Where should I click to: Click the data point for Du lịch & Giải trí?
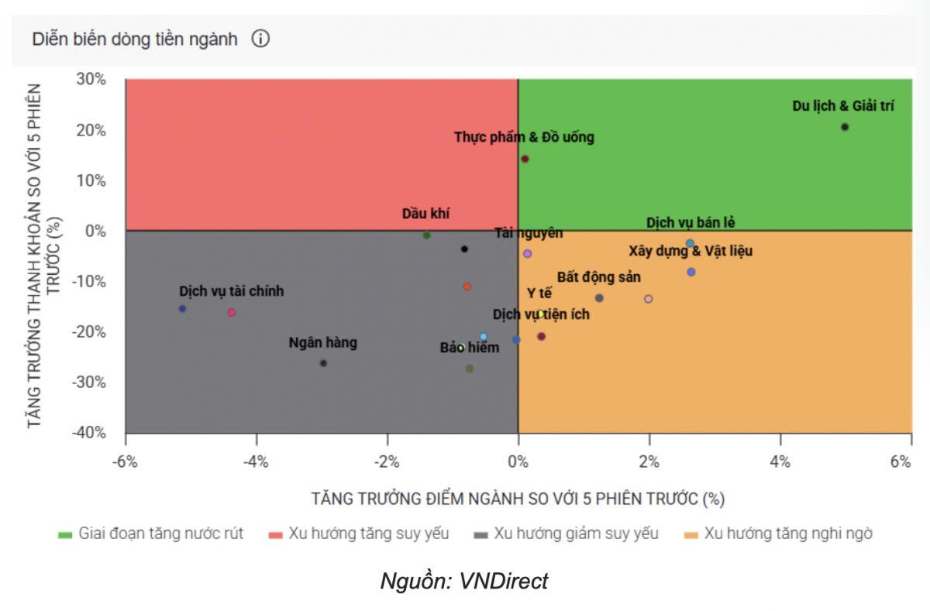(845, 127)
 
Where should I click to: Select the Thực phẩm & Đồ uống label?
(524, 138)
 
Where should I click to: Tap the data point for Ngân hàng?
(323, 363)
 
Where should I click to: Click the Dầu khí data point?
(426, 235)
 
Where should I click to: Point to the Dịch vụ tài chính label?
(231, 291)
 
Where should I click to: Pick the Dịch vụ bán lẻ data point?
(690, 243)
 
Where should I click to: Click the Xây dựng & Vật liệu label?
(690, 251)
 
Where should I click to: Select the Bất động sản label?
(598, 277)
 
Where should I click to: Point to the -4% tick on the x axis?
(256, 462)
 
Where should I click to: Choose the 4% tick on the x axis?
(780, 462)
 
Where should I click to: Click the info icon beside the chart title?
(260, 39)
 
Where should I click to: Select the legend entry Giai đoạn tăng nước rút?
(151, 534)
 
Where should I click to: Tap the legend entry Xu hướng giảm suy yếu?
(567, 534)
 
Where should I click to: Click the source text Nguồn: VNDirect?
(463, 581)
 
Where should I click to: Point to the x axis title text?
(518, 498)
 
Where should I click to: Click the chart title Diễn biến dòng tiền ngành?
(135, 39)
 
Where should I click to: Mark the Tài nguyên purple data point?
(528, 253)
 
